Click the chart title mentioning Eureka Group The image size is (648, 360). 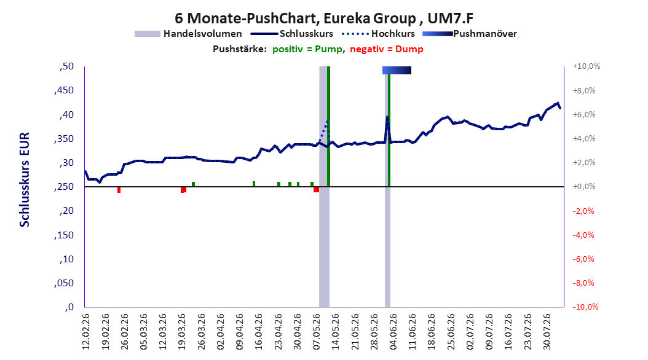click(324, 18)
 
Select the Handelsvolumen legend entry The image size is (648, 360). click(188, 34)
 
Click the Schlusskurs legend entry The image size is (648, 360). click(292, 34)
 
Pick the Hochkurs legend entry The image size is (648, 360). click(379, 34)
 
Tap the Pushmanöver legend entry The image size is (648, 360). click(470, 34)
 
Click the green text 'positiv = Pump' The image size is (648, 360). click(307, 49)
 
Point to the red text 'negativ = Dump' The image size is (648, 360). click(387, 49)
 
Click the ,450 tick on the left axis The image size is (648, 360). click(64, 90)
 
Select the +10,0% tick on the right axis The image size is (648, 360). click(587, 66)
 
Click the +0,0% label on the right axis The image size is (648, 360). click(584, 187)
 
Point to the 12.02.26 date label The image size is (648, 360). click(86, 332)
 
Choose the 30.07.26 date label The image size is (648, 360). click(548, 332)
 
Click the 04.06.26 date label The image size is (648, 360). click(393, 332)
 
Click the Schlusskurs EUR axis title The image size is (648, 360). click(25, 179)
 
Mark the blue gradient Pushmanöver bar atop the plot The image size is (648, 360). click(397, 70)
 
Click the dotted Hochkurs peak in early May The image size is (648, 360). click(327, 122)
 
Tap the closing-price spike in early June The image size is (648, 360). click(387, 117)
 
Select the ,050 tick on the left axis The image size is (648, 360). click(64, 283)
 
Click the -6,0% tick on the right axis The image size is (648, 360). click(584, 259)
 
